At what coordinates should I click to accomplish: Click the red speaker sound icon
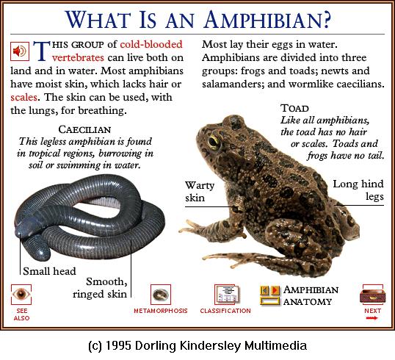point(20,51)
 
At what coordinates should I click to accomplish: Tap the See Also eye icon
point(21,294)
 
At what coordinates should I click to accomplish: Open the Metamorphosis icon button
point(161,295)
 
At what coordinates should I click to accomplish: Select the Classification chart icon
point(227,294)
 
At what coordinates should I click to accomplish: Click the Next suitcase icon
point(372,295)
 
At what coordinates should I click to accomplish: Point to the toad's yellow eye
point(214,140)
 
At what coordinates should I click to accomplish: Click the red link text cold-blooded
point(151,44)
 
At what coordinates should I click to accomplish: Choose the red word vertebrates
point(78,58)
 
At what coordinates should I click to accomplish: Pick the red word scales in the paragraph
point(24,97)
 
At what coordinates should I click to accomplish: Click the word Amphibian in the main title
point(267,19)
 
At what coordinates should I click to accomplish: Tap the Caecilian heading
point(84,129)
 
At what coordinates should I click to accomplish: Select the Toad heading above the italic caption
point(294,108)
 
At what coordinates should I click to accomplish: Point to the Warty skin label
point(200,192)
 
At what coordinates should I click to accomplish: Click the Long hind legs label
point(358,190)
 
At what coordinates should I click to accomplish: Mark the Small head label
point(49,271)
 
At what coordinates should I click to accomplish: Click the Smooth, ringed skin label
point(100,288)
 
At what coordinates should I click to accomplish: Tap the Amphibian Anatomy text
point(311,295)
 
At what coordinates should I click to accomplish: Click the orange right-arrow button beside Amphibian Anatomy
point(275,290)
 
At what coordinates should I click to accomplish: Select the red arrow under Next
point(372,318)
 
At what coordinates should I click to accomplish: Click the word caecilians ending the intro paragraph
point(360,84)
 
